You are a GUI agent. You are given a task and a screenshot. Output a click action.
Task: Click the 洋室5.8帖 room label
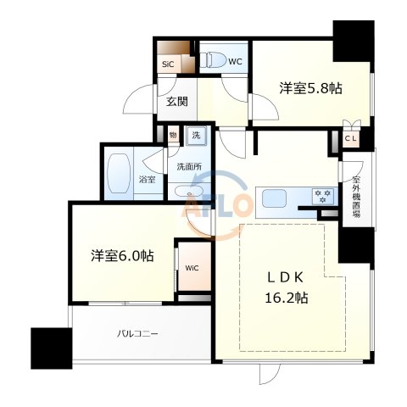(x=311, y=87)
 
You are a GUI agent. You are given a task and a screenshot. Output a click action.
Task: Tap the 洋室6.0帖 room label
(x=123, y=255)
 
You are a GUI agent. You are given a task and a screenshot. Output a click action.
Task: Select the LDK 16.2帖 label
(x=284, y=287)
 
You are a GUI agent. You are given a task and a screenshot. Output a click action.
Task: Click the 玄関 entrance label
(x=177, y=103)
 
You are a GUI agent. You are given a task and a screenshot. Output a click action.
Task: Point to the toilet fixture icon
(x=216, y=60)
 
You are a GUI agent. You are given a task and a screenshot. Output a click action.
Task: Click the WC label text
(x=236, y=60)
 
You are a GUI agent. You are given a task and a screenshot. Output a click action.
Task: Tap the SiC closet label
(x=168, y=64)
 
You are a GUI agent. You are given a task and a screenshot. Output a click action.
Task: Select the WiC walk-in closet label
(x=192, y=270)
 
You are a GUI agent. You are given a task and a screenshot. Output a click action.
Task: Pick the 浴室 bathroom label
(x=147, y=179)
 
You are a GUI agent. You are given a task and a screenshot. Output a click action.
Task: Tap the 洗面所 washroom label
(x=188, y=166)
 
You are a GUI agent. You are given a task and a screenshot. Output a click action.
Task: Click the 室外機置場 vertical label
(x=357, y=196)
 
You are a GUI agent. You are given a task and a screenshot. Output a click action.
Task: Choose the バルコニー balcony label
(x=137, y=334)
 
